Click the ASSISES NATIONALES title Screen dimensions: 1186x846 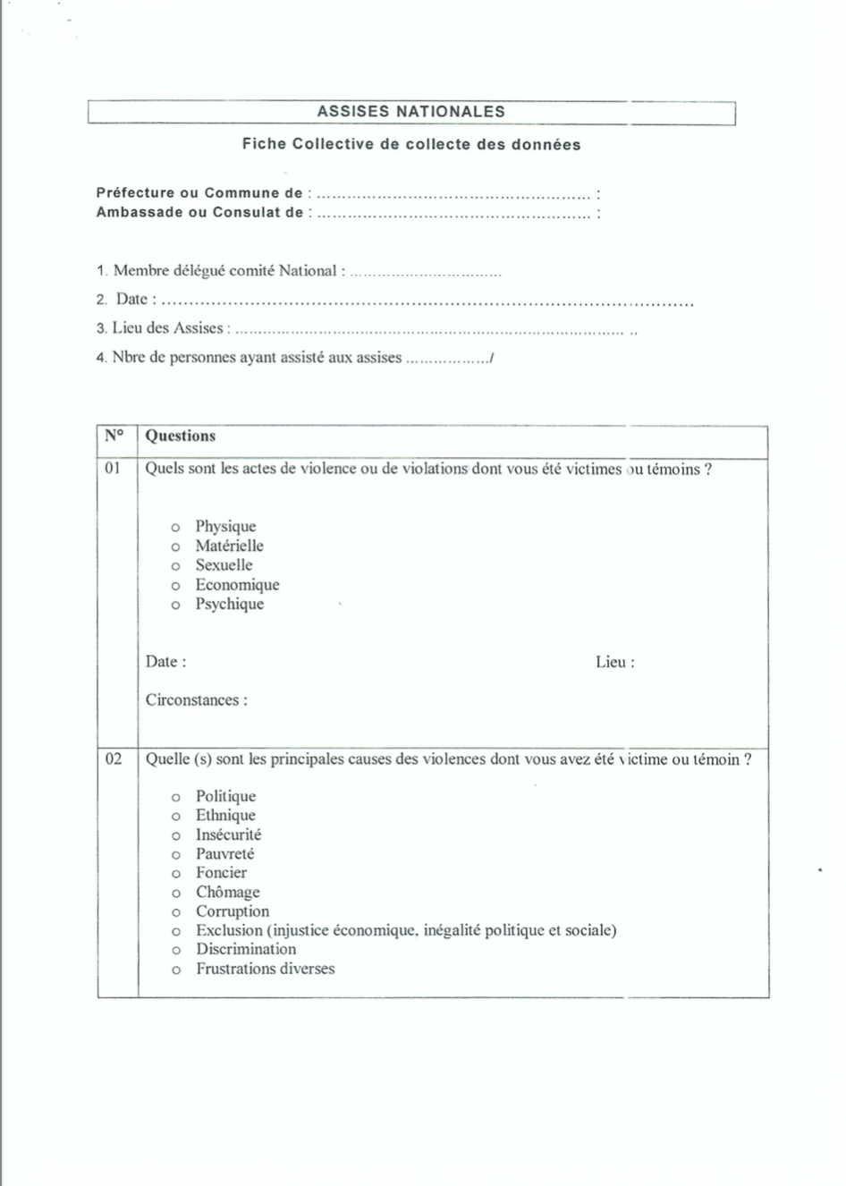pyautogui.click(x=410, y=112)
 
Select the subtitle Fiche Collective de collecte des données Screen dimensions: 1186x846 pyautogui.click(x=410, y=144)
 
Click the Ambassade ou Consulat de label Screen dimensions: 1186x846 pyautogui.click(x=199, y=213)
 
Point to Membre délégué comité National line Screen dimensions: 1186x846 pyautogui.click(x=229, y=271)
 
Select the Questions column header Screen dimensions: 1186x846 pyautogui.click(x=181, y=436)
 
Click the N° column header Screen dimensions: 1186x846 pyautogui.click(x=114, y=436)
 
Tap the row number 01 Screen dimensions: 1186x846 pyautogui.click(x=113, y=469)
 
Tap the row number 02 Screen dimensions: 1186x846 pyautogui.click(x=114, y=759)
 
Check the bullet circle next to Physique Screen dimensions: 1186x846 pyautogui.click(x=175, y=528)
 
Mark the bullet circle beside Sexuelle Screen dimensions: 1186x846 pyautogui.click(x=175, y=566)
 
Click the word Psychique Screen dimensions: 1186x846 pyautogui.click(x=230, y=604)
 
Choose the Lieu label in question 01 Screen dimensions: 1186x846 pyautogui.click(x=614, y=663)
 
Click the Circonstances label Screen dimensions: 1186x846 pyautogui.click(x=197, y=700)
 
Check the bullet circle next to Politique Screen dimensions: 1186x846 pyautogui.click(x=176, y=797)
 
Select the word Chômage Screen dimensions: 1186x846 pyautogui.click(x=228, y=893)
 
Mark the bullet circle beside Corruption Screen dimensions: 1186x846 pyautogui.click(x=176, y=912)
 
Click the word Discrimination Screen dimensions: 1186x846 pyautogui.click(x=246, y=950)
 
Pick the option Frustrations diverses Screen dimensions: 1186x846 pyautogui.click(x=266, y=969)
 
